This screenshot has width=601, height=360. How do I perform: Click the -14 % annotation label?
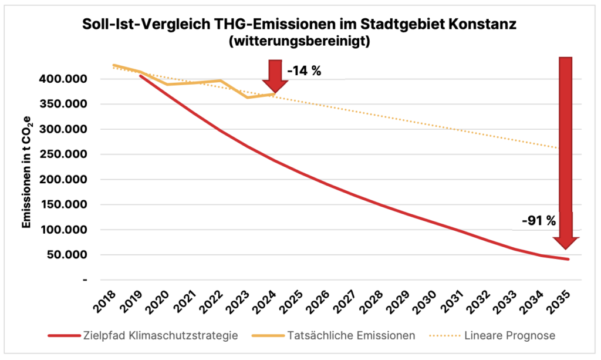(304, 71)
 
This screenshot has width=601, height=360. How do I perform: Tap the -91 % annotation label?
(539, 221)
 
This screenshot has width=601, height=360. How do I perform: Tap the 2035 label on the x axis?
(564, 301)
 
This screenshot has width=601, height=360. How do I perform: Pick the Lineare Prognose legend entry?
(508, 336)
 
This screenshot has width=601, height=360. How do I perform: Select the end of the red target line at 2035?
(568, 259)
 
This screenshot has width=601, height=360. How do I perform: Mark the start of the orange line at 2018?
(113, 65)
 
